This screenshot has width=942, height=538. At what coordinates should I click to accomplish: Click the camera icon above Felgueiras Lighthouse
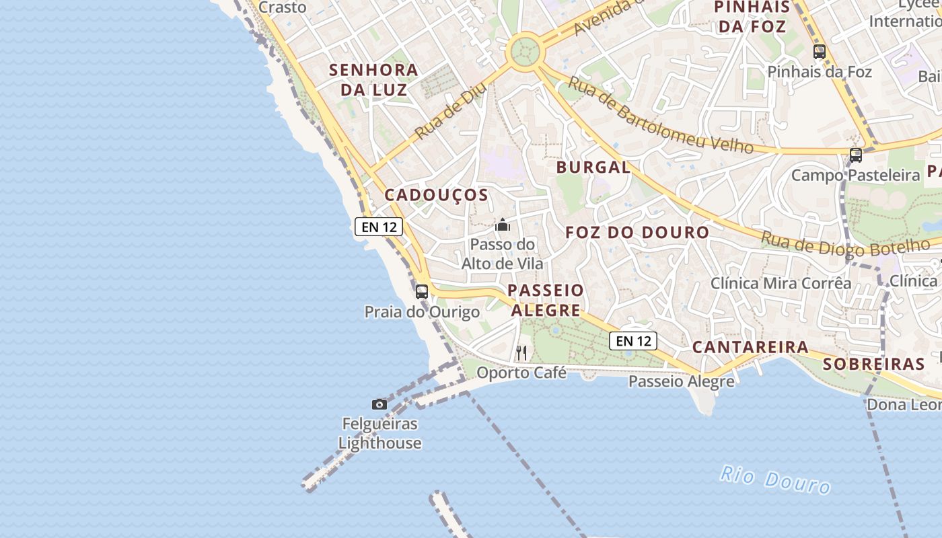pos(379,404)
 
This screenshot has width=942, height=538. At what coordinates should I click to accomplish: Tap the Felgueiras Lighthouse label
pos(379,434)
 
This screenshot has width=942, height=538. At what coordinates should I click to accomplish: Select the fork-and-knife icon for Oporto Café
pos(521,352)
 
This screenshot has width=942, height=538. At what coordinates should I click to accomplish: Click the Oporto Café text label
pos(521,372)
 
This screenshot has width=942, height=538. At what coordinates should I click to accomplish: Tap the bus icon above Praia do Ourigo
pos(422,292)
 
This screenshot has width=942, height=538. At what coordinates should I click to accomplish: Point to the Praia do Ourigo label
pos(422,312)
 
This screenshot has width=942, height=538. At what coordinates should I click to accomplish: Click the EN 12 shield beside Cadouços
pos(379,227)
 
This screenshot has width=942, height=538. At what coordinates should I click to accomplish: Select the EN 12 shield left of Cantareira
pos(633,341)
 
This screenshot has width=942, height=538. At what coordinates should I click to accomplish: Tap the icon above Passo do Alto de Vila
pos(503,225)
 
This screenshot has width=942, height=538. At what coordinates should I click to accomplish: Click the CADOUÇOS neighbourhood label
pos(436,195)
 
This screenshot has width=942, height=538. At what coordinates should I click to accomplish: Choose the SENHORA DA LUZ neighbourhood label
pos(373,79)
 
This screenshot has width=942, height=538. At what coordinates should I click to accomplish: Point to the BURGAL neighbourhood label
pos(593,167)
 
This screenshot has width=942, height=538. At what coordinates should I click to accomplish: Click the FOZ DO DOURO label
pos(637,233)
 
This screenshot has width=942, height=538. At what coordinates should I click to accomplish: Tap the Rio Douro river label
pos(775,479)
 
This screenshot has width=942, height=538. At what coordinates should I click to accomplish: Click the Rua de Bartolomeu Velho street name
pos(659,115)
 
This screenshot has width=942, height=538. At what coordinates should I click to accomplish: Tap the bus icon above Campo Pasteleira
pos(856,155)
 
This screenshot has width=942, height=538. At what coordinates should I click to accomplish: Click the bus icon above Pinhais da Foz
pos(820,52)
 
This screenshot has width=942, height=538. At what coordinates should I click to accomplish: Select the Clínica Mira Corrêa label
pos(781,283)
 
